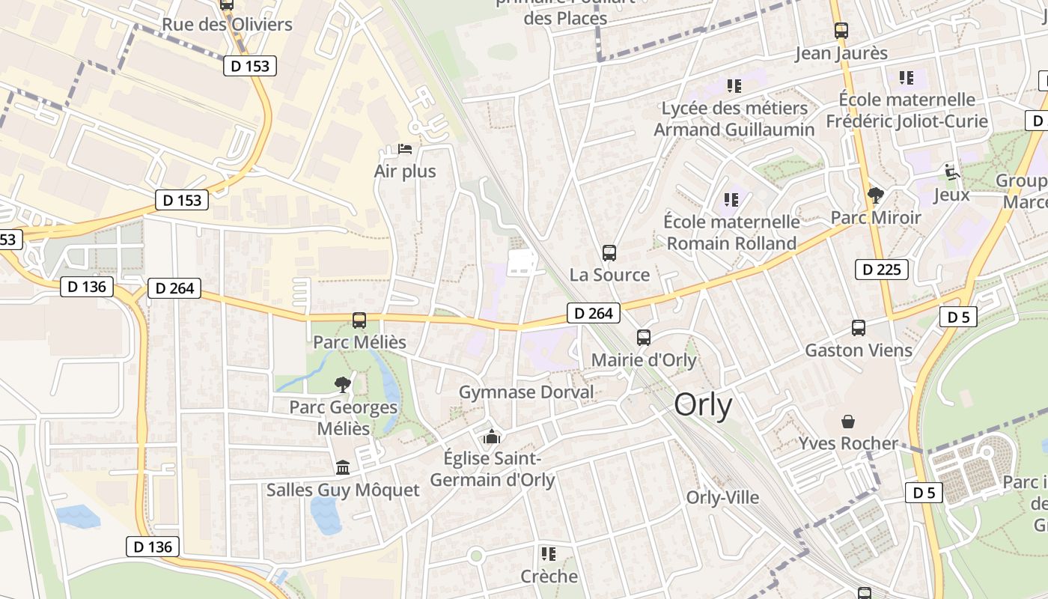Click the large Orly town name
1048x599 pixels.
(x=703, y=405)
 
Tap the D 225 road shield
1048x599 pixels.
(x=882, y=270)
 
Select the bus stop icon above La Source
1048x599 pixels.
(x=609, y=253)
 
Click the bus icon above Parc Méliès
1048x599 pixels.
(x=359, y=320)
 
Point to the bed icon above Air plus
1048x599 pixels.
(x=405, y=149)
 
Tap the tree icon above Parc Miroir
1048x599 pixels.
(x=875, y=196)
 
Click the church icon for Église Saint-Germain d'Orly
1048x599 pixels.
(x=492, y=437)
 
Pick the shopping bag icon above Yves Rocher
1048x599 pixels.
(x=848, y=422)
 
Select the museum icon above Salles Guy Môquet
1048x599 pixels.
(x=343, y=468)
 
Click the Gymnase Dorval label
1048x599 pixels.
(x=525, y=392)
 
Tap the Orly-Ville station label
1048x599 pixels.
(x=722, y=497)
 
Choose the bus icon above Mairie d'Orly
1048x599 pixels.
(x=644, y=338)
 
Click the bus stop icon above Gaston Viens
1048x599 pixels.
(x=859, y=328)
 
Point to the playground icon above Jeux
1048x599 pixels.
(x=951, y=172)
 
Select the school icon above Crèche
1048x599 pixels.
(x=549, y=554)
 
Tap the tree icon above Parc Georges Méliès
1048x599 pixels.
(x=343, y=385)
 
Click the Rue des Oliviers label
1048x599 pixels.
(x=227, y=24)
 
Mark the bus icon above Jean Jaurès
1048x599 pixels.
(x=841, y=31)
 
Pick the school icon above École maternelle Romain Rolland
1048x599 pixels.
(x=731, y=200)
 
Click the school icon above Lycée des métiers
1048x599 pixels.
(x=734, y=86)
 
